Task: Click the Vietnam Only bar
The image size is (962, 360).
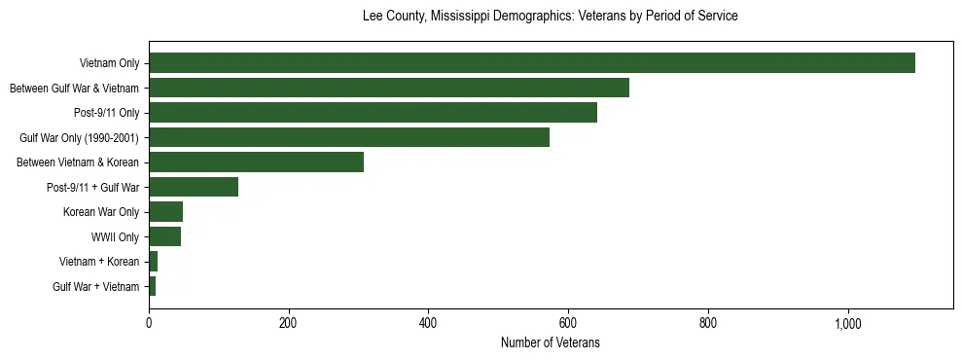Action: tap(531, 63)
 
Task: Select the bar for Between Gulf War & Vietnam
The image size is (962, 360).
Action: tap(389, 88)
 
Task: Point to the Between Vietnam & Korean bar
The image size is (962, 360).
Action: tap(256, 162)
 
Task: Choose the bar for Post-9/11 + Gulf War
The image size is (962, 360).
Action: tap(194, 187)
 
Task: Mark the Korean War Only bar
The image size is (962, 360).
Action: tap(165, 212)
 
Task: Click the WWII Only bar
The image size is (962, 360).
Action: tap(164, 236)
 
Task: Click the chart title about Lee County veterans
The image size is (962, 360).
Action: tap(550, 17)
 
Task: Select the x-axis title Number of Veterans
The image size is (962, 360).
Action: tap(550, 343)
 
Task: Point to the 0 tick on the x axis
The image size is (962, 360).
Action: tap(149, 324)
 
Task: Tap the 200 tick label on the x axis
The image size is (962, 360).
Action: tap(288, 324)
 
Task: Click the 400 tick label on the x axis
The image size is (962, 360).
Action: tap(428, 324)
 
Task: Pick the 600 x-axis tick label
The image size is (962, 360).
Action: tap(568, 324)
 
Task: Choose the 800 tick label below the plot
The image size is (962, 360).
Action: tap(708, 324)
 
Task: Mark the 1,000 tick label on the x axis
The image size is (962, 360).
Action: tap(847, 324)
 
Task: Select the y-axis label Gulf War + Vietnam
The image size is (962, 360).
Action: tap(96, 286)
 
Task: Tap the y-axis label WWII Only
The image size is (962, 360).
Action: tap(115, 236)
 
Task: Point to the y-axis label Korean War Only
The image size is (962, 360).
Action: tap(101, 212)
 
